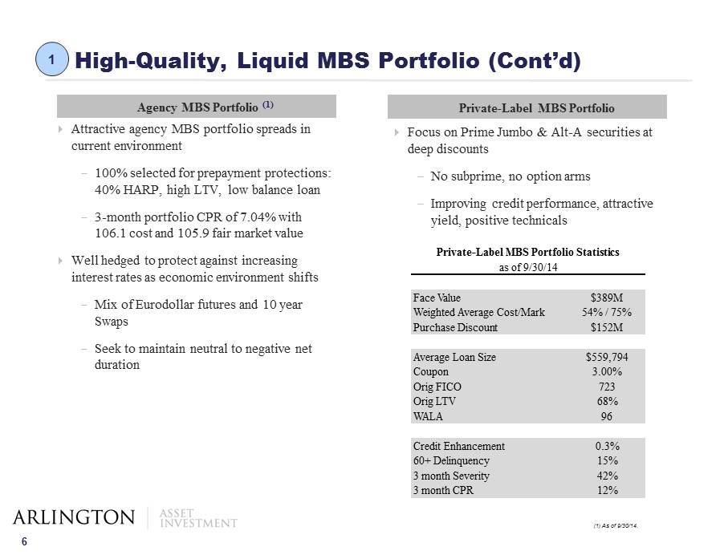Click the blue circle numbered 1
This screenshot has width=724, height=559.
52,59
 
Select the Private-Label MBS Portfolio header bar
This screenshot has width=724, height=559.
527,107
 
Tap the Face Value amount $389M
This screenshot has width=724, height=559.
607,298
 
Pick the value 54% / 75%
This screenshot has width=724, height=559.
607,312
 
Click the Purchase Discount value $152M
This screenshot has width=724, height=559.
607,327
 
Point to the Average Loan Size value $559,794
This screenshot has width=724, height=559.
607,357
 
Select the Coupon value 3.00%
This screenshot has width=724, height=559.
607,372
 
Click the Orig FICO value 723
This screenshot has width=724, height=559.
607,387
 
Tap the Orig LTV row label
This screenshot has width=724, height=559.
434,401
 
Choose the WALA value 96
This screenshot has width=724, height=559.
607,416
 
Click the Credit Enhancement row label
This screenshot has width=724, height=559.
459,446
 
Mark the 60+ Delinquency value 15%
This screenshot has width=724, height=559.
607,461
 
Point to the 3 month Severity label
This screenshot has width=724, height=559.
451,476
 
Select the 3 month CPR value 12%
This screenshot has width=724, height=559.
607,490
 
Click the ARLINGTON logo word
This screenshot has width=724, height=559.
74,517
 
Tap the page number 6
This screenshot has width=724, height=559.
24,542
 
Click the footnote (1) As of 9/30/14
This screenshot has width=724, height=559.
616,525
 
